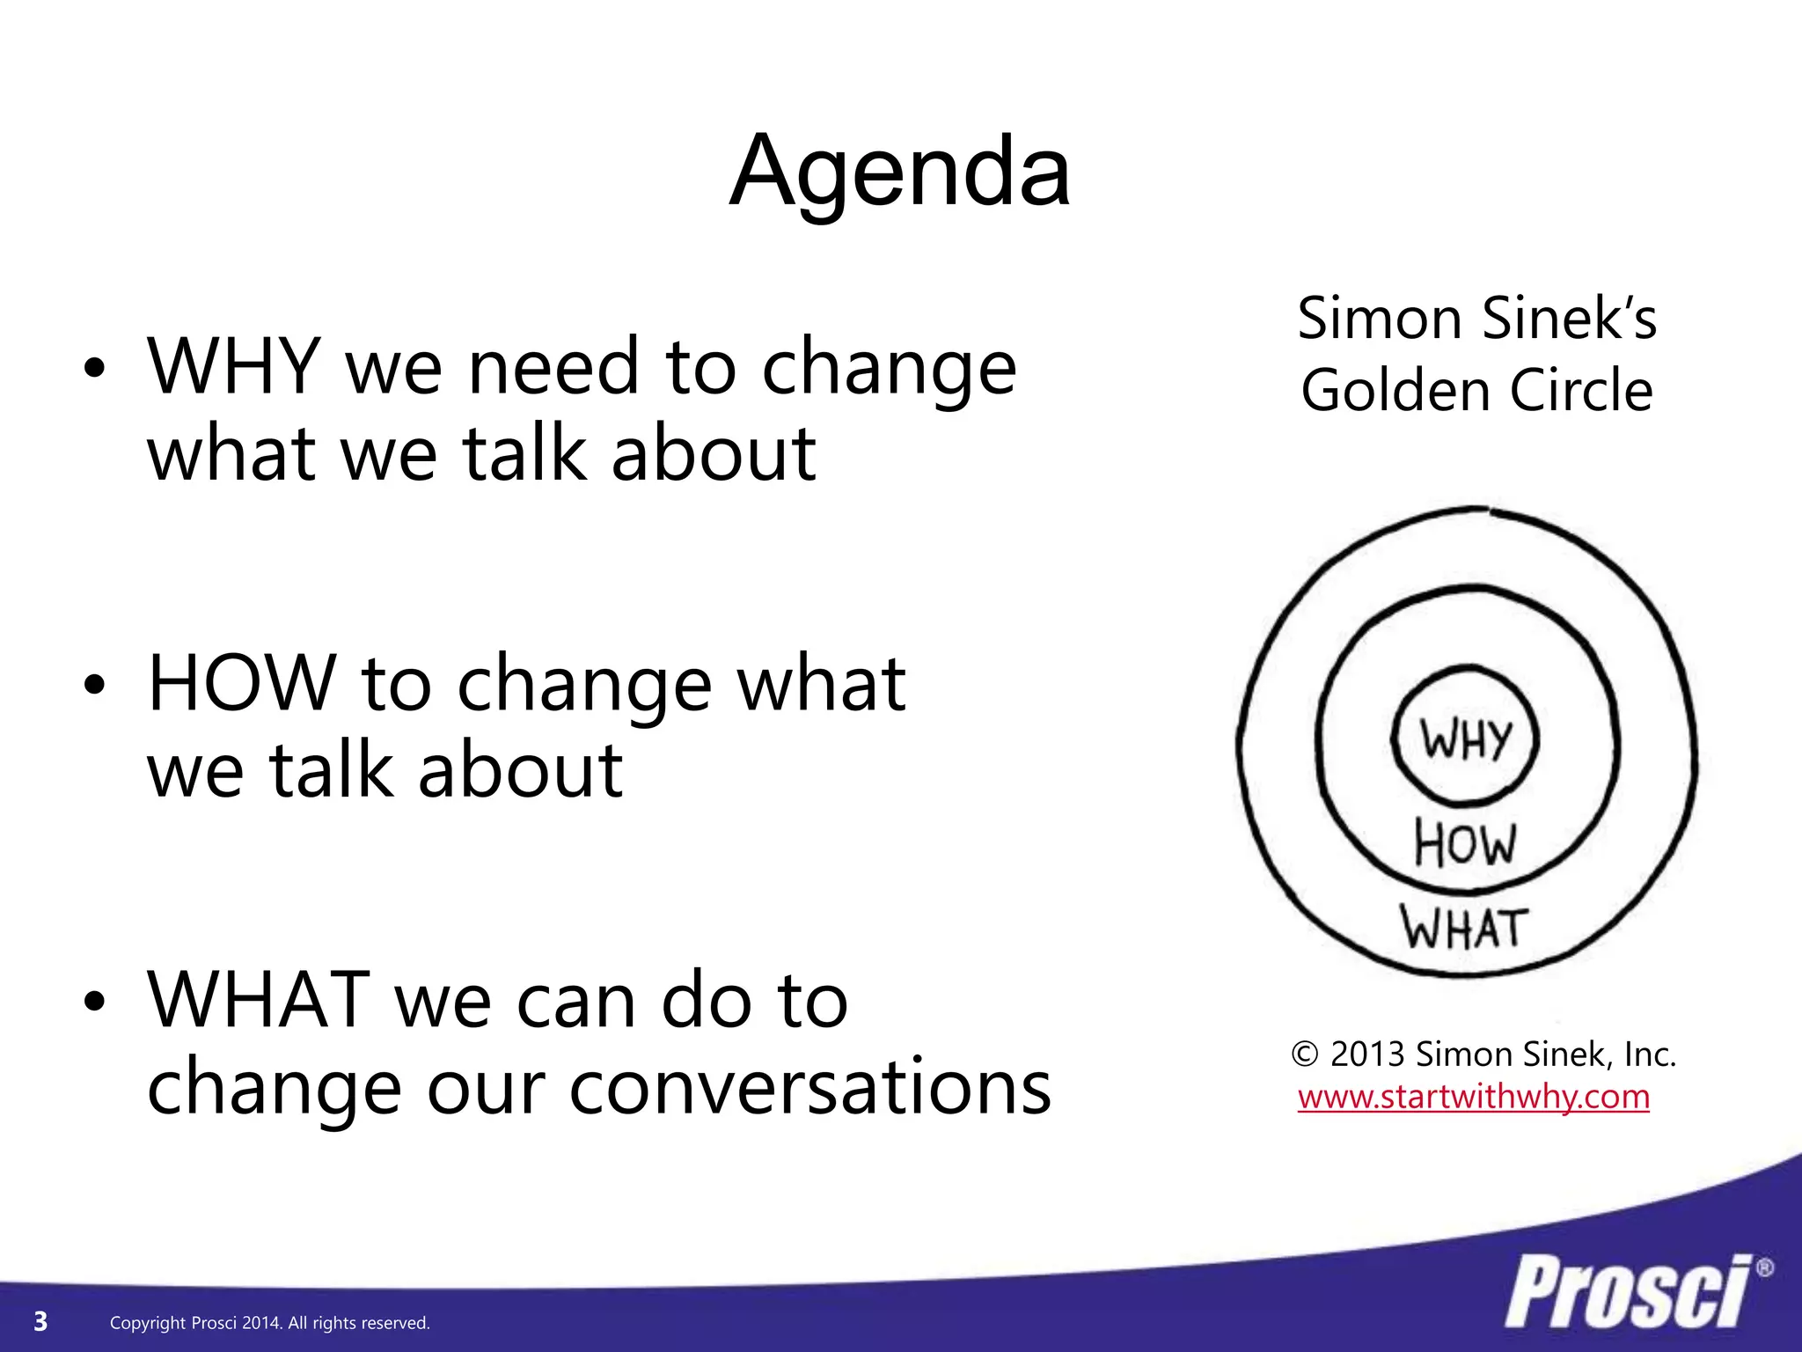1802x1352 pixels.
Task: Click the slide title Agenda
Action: click(900, 172)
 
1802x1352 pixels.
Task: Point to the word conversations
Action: click(809, 1088)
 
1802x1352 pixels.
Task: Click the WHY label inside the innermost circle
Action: click(1466, 739)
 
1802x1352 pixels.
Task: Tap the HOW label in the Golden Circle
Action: click(1466, 843)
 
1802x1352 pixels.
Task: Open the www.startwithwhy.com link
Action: click(1474, 1097)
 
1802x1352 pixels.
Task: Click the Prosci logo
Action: click(1628, 1292)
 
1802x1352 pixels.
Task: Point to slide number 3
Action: click(40, 1321)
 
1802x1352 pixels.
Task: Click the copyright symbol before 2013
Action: click(1305, 1054)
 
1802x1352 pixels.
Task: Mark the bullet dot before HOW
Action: click(95, 685)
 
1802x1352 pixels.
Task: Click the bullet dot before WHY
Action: click(95, 369)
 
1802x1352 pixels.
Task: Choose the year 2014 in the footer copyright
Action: click(261, 1323)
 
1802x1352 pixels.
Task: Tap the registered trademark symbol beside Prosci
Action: click(1764, 1268)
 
